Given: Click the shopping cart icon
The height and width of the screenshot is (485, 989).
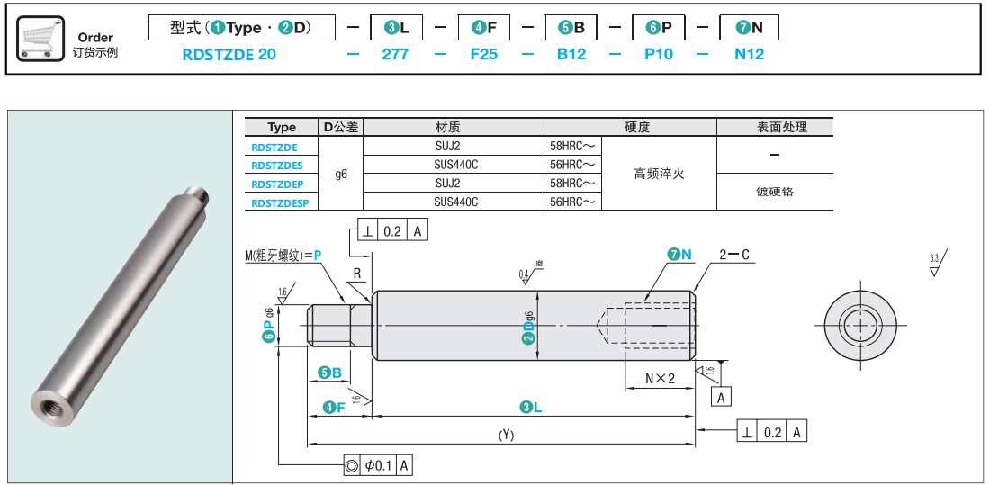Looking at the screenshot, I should click(x=41, y=38).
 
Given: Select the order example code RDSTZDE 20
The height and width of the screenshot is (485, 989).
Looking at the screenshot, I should click(x=229, y=54).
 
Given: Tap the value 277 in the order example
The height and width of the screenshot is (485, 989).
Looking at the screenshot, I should click(x=395, y=54).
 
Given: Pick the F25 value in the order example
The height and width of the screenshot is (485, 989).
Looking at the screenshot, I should click(x=484, y=54).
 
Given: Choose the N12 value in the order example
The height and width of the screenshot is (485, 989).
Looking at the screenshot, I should click(x=749, y=54).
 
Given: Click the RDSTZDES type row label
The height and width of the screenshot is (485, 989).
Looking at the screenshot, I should click(x=277, y=165).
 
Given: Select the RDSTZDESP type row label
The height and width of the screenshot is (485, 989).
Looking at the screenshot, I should click(x=280, y=202).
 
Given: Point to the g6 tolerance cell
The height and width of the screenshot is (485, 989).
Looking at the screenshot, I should click(x=341, y=175).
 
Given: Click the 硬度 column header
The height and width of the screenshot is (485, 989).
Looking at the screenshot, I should click(x=637, y=128).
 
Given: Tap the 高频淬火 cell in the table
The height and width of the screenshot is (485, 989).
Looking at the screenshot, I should click(x=659, y=174).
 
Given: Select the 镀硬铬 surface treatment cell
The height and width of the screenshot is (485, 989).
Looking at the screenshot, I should click(x=775, y=192).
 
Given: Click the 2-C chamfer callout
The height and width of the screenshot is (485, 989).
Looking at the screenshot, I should click(x=734, y=255).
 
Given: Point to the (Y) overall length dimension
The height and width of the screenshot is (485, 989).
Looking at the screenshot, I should click(x=506, y=435).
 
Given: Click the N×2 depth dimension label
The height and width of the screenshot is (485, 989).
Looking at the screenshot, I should click(x=660, y=378).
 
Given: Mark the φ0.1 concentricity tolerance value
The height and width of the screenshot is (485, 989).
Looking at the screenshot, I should click(x=379, y=465).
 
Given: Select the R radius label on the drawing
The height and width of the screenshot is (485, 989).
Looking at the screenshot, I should click(x=357, y=273).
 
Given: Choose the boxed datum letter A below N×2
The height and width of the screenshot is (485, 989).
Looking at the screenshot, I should click(x=721, y=397).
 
